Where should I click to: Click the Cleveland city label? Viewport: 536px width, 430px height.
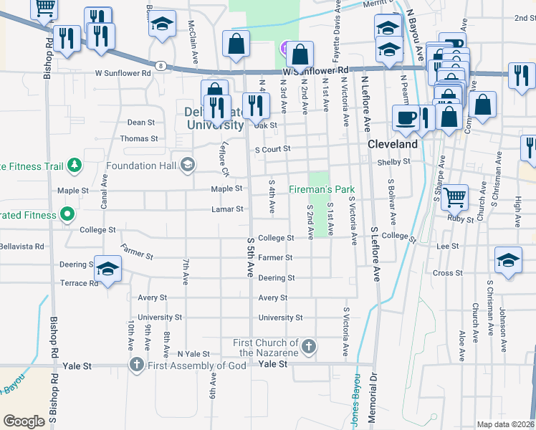[x=393, y=144]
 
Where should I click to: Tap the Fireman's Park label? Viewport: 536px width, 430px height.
[x=322, y=189]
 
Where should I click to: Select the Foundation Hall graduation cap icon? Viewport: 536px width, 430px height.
[x=188, y=166]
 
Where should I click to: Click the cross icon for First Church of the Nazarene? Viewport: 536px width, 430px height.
[x=309, y=347]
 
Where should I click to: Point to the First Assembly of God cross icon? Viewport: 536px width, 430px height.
[x=137, y=365]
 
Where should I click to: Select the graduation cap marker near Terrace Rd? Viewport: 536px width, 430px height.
[x=107, y=268]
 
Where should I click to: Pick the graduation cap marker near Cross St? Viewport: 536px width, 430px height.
[x=508, y=259]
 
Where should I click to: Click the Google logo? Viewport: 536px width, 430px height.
[x=24, y=421]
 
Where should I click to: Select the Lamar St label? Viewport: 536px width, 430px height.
[x=227, y=209]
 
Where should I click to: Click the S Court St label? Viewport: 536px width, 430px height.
[x=272, y=150]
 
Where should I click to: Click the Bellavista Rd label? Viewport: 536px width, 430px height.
[x=22, y=246]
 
